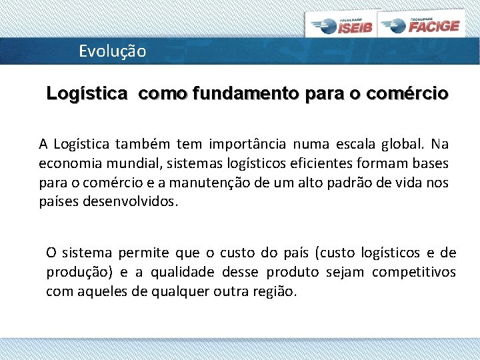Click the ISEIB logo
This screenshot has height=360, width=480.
pos(342,25)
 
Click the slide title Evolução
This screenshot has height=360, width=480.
pos(112,51)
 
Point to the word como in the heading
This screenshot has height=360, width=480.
pos(163,93)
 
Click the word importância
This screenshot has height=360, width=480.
pos(247,144)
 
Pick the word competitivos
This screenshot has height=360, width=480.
pos(413,272)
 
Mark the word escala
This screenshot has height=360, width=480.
pos(347,144)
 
